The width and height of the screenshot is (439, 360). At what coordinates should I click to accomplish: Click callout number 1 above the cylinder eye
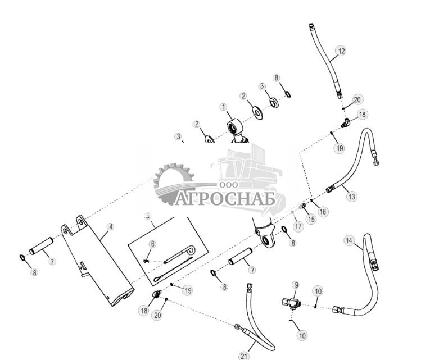coord(223,107)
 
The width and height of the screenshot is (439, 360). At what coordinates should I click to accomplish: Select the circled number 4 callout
coord(111,227)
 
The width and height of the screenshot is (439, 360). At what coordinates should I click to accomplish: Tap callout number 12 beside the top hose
coord(341,51)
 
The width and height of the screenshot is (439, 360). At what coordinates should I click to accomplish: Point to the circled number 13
coord(351,197)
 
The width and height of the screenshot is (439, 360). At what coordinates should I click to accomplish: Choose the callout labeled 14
coord(349,241)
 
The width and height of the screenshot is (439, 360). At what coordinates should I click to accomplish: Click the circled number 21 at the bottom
coord(243,356)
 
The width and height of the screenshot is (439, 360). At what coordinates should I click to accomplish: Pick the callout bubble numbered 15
coord(311,219)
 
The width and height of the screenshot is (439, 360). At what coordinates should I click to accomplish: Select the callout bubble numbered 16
coord(323,212)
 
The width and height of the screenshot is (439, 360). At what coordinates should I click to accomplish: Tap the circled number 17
coord(298,226)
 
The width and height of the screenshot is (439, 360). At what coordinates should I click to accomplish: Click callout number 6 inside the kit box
coord(152,244)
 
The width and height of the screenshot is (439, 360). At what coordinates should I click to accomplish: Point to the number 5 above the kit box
coord(148,215)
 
